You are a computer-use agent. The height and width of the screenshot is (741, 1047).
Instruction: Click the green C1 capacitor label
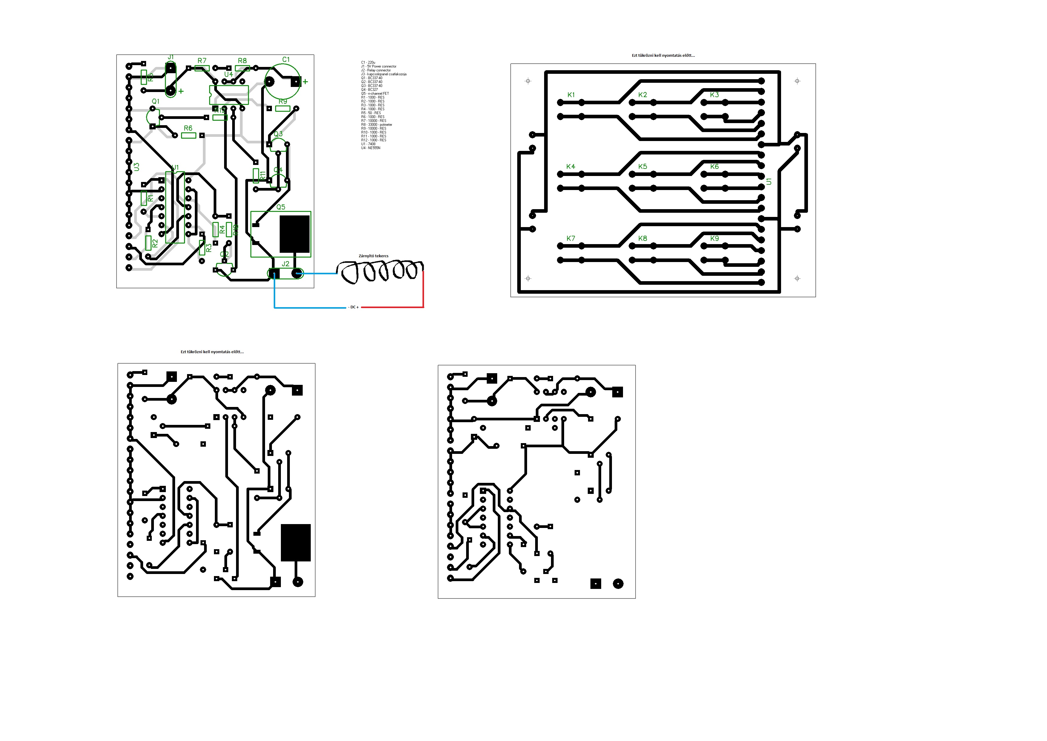coord(286,60)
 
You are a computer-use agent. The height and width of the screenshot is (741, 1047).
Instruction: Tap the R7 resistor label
coord(202,61)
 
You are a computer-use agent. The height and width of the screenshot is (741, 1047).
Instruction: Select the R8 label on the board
coord(242,61)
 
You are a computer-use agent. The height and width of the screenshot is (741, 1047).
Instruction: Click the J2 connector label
coord(286,264)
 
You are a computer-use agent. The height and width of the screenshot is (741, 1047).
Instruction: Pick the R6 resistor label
coord(188,128)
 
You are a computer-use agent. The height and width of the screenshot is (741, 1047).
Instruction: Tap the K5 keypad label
coord(642,166)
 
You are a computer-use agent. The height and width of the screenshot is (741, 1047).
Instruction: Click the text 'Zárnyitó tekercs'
coord(373,256)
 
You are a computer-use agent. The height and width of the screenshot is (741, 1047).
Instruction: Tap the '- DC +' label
coord(353,307)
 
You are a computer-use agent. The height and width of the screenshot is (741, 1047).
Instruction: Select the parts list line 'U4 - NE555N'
coord(371,148)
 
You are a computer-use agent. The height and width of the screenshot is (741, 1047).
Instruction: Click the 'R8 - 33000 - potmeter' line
coord(376,125)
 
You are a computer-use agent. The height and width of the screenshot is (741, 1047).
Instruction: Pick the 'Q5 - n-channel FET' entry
coord(375,94)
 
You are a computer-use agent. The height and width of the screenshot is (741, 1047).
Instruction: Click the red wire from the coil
coord(423,292)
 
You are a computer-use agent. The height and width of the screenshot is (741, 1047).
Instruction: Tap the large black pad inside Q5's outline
coord(295,234)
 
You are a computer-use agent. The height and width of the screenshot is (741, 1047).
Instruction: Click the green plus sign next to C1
coord(305,82)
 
